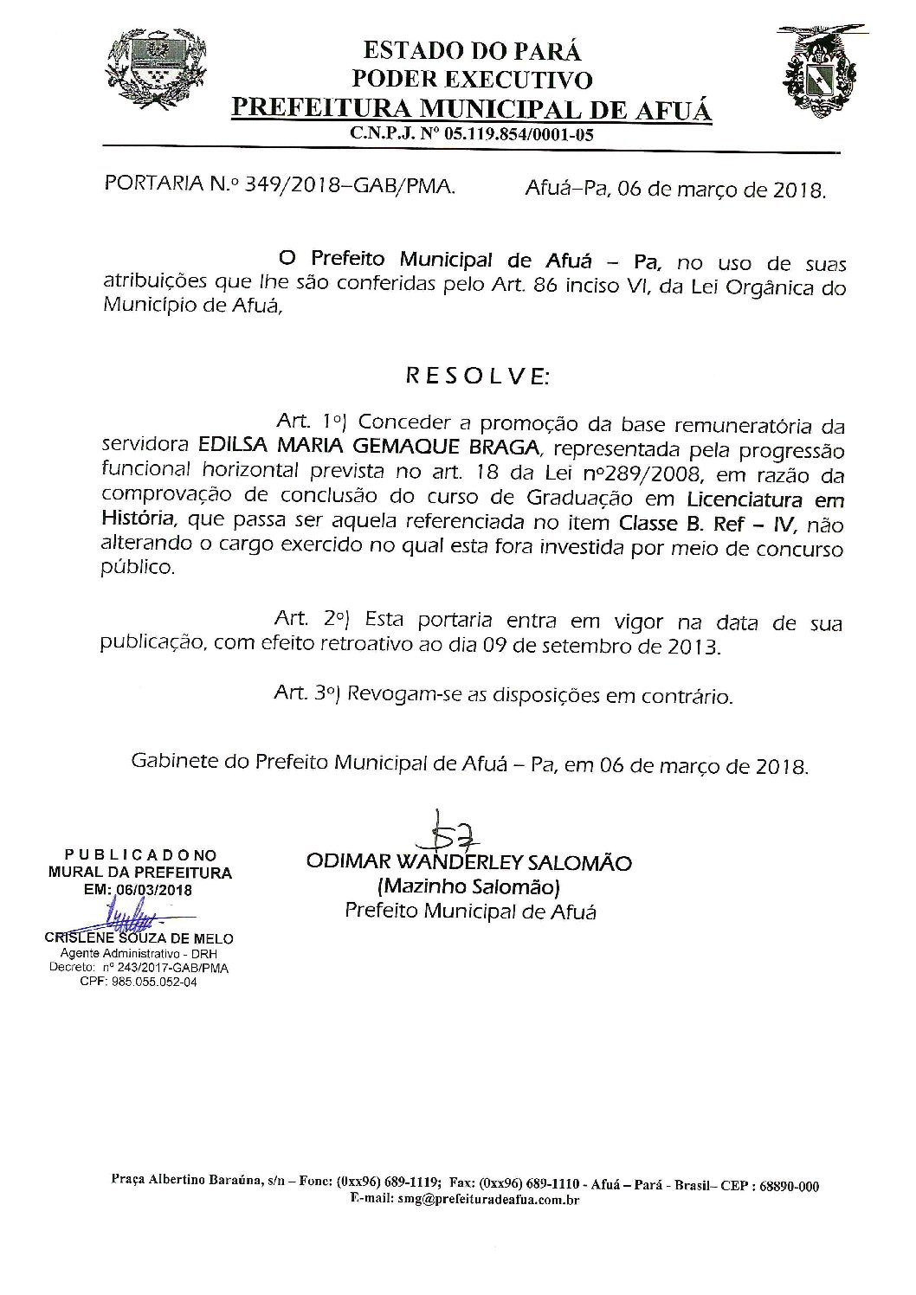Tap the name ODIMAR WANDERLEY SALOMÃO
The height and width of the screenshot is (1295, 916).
pyautogui.click(x=468, y=863)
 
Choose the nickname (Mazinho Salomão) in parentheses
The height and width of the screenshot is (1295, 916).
pyautogui.click(x=468, y=887)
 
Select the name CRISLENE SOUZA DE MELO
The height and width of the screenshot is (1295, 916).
pyautogui.click(x=139, y=937)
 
